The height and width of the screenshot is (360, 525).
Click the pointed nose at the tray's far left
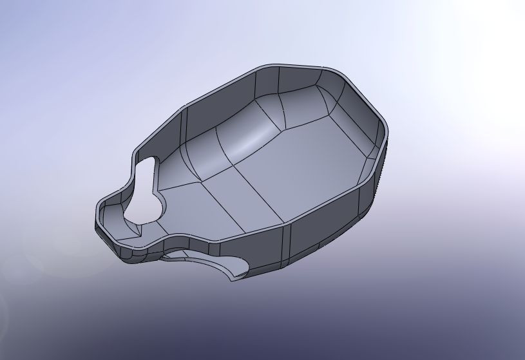click(x=98, y=216)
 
